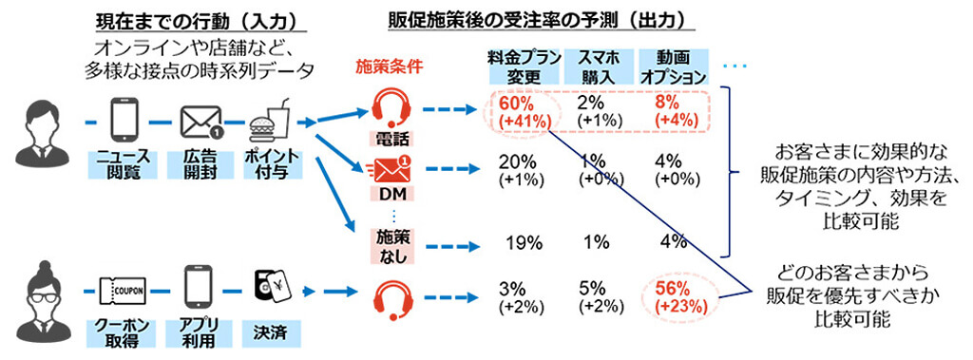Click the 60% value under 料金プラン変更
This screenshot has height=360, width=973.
coord(510,102)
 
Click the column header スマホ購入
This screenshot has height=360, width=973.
coord(596,66)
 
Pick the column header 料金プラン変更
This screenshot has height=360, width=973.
coord(518,66)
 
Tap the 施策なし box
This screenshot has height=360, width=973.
coord(389,244)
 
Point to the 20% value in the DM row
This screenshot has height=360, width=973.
coord(517,161)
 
